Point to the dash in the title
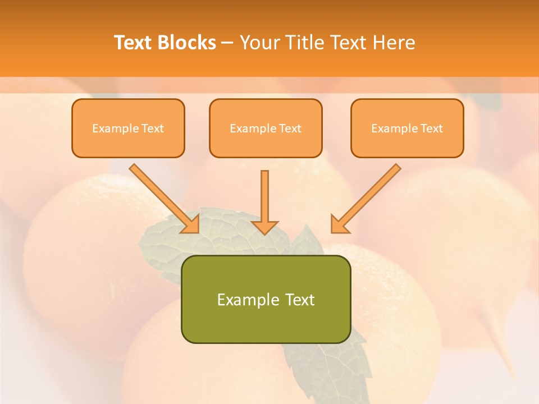227,43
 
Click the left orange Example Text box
128,128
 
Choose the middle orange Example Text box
266,128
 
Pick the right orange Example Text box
407,128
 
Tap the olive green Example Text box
266,299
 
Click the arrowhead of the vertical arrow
264,227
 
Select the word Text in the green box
300,300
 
